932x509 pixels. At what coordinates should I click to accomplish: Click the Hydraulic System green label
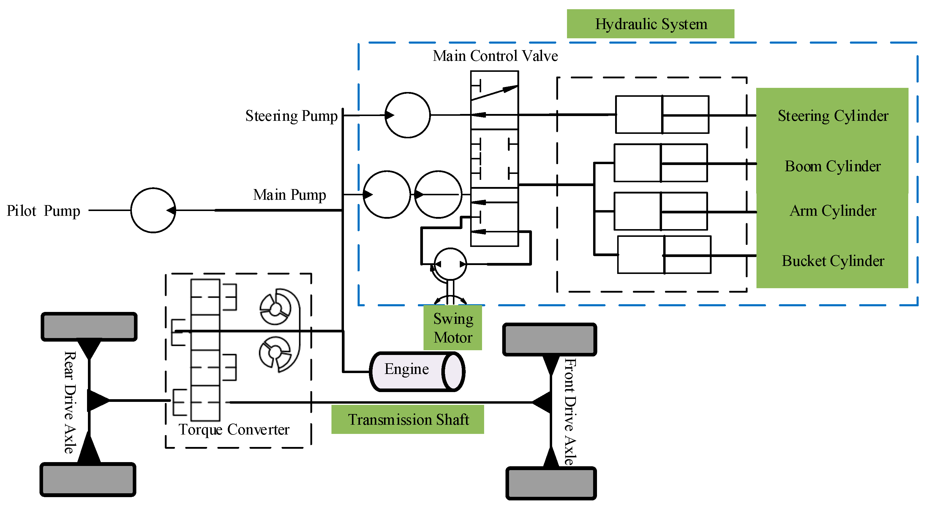[650, 24]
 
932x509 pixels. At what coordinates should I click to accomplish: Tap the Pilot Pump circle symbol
[153, 210]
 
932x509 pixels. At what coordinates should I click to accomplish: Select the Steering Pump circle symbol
[407, 115]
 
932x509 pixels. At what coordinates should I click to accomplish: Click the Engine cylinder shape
[417, 371]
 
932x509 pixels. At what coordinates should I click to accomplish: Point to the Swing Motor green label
[453, 328]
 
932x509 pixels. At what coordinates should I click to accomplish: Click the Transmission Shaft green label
[408, 419]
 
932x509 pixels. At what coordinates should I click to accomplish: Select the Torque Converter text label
[234, 429]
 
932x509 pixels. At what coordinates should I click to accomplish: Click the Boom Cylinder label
[832, 166]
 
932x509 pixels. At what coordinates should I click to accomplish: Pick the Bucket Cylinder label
[832, 261]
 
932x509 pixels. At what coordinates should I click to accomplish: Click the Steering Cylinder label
[832, 116]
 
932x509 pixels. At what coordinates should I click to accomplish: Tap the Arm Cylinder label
[832, 210]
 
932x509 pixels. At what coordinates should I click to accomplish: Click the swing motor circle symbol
[450, 264]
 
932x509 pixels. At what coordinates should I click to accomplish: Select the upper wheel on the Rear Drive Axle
[89, 326]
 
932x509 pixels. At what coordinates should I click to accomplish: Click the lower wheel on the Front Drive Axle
[551, 483]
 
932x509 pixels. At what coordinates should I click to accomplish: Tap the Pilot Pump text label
[43, 211]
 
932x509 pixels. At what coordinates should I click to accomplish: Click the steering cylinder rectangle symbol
[662, 115]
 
